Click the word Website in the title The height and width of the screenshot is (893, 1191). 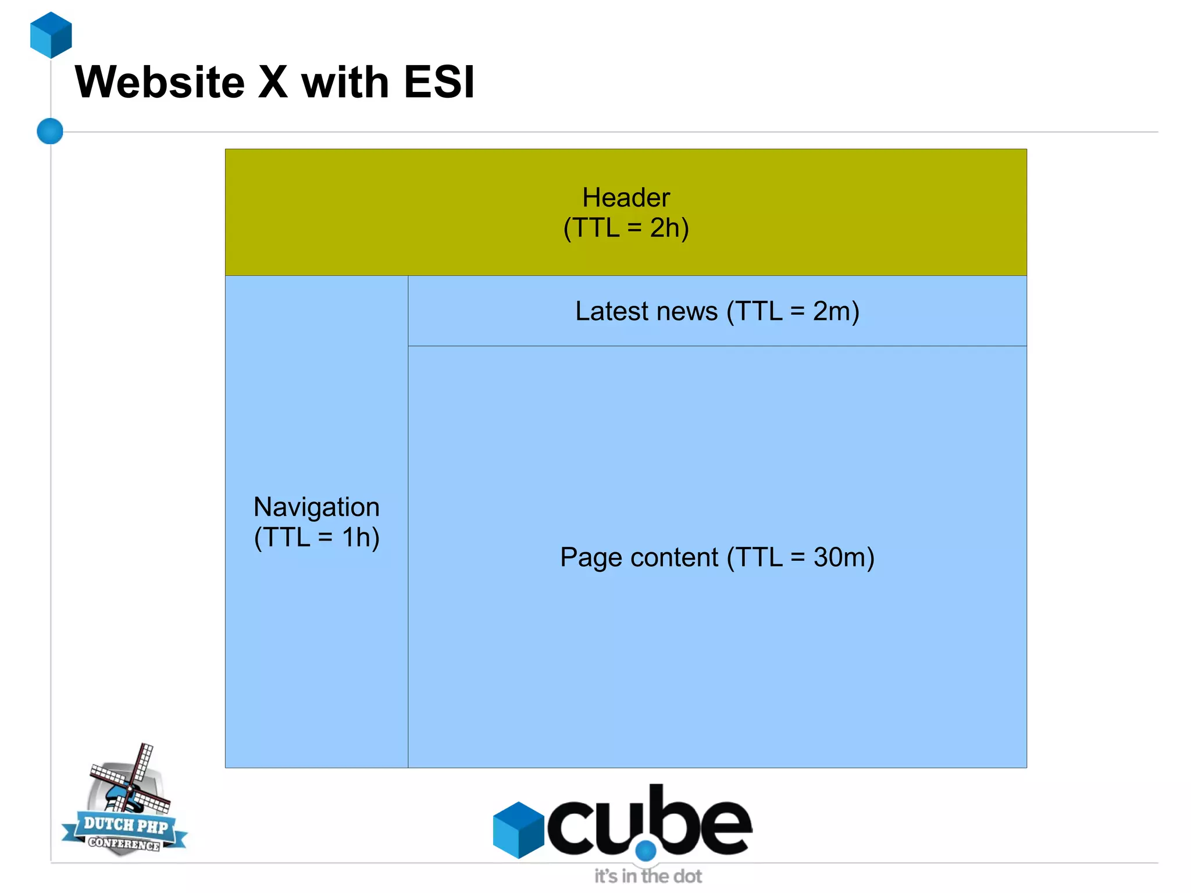click(160, 83)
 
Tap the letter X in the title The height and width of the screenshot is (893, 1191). click(273, 83)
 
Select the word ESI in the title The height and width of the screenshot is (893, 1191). click(439, 83)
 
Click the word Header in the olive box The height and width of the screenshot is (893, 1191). click(626, 198)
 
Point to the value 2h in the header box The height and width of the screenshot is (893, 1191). click(665, 228)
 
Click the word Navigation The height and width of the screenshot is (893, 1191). click(316, 507)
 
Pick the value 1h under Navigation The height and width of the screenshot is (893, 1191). click(355, 538)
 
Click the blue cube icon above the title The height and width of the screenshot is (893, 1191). click(51, 35)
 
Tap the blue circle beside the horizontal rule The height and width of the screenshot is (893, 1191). click(50, 131)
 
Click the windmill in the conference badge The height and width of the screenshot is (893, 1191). click(131, 780)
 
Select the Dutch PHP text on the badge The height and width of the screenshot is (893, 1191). click(126, 824)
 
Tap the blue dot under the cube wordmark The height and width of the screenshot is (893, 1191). click(646, 851)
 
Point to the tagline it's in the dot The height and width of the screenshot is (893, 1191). click(648, 876)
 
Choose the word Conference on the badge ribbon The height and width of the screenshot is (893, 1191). click(124, 844)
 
